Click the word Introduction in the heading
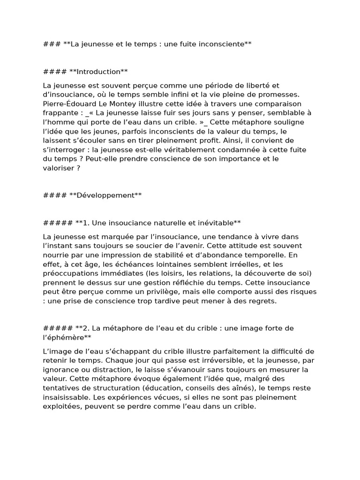[98, 72]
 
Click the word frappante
[61, 113]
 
